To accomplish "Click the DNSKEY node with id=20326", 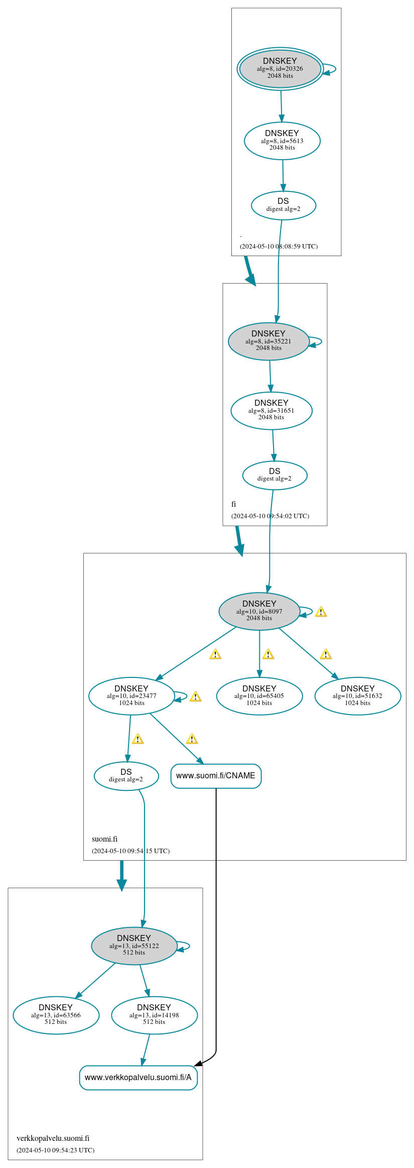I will click(x=280, y=69).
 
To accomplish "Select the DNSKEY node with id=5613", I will click(x=282, y=141).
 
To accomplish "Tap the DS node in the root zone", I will click(x=283, y=205).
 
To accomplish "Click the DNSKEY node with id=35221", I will click(x=268, y=341).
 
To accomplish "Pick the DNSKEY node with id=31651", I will click(x=271, y=410).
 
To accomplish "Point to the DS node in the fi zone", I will click(x=274, y=475).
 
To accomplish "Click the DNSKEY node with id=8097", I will click(x=259, y=611).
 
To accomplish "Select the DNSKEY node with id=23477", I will click(x=131, y=696).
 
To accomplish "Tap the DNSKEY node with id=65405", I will click(x=259, y=696).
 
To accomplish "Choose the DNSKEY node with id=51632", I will click(x=357, y=696).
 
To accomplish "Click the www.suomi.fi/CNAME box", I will click(x=216, y=776).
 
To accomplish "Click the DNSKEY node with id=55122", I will click(x=134, y=946).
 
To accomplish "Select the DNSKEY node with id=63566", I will click(x=56, y=1015).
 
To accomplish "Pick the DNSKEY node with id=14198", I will click(x=154, y=1015).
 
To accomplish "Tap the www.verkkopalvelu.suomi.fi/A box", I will click(x=138, y=1078).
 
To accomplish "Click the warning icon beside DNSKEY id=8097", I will click(x=321, y=612).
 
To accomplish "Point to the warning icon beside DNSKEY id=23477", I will click(x=195, y=696).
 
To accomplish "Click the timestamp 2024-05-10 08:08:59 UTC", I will click(x=279, y=246).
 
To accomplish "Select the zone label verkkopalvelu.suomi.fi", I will click(x=53, y=1138).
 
